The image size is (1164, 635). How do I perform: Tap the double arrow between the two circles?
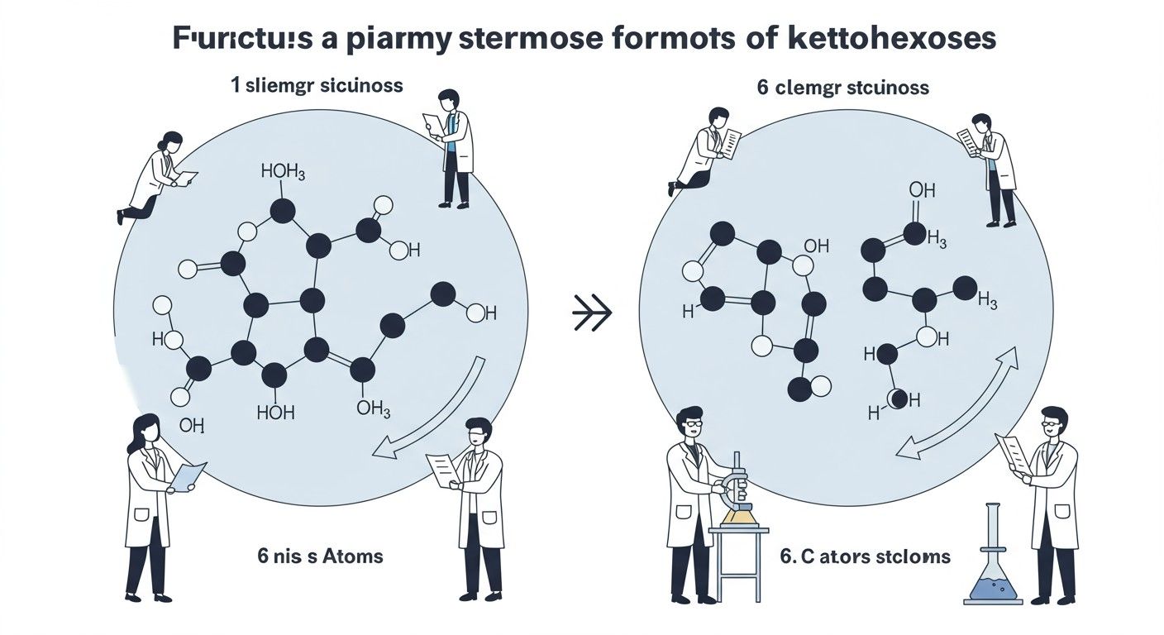[592, 313]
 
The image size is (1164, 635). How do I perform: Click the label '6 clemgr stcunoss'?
[843, 88]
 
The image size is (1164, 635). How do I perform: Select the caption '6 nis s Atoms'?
[321, 555]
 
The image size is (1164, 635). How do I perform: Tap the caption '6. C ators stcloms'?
[866, 556]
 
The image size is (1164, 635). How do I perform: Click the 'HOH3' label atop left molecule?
[283, 172]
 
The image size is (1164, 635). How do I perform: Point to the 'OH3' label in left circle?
[373, 408]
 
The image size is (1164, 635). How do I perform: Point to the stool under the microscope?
[739, 562]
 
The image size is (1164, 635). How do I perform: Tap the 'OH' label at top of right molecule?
[922, 190]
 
